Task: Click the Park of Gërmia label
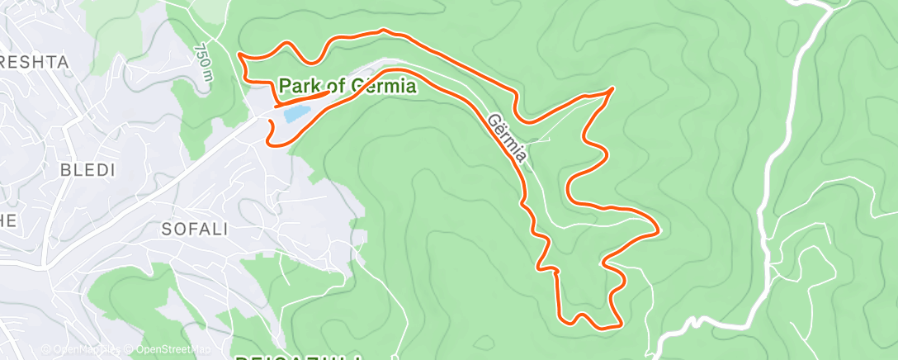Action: (x=347, y=85)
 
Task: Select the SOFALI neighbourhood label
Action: (x=196, y=229)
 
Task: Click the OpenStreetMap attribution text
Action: (x=169, y=349)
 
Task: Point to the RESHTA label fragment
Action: (x=33, y=62)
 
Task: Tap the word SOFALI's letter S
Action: (x=169, y=229)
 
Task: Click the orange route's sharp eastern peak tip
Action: (x=613, y=88)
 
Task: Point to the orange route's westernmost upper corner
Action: (x=239, y=54)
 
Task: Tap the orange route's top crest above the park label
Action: (x=383, y=31)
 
